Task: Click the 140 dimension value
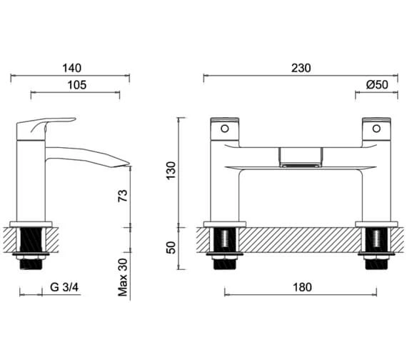(71, 68)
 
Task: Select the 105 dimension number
(77, 85)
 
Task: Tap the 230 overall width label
(301, 68)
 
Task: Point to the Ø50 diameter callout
(377, 85)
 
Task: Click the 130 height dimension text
(171, 171)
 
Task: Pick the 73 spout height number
(123, 196)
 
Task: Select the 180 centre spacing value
(303, 287)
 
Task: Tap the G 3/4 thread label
(64, 287)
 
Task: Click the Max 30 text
(123, 277)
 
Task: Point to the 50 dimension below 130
(171, 248)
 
